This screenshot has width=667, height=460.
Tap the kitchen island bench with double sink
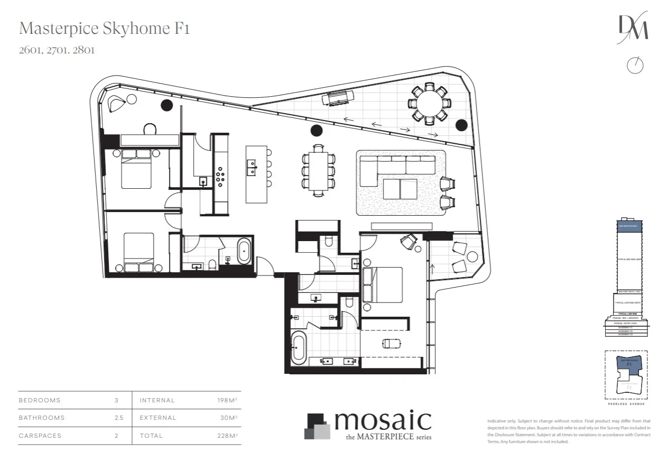coord(253,174)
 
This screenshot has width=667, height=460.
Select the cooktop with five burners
coord(219,175)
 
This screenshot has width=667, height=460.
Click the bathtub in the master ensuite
coord(298,348)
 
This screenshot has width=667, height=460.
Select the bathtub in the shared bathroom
coord(244,252)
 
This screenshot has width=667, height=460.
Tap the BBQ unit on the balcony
coord(338,97)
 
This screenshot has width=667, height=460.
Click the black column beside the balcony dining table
coord(462,125)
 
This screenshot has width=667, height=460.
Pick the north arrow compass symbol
coord(635,65)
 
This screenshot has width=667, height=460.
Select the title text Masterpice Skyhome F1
coord(104,29)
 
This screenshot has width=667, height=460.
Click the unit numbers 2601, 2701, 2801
coord(57,51)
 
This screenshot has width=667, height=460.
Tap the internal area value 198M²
coord(227,400)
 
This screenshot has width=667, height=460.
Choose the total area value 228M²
coord(227,436)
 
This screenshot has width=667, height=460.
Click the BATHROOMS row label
coord(42,418)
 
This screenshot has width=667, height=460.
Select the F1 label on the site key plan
coord(629,365)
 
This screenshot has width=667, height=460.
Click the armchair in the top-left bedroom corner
coord(116,104)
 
